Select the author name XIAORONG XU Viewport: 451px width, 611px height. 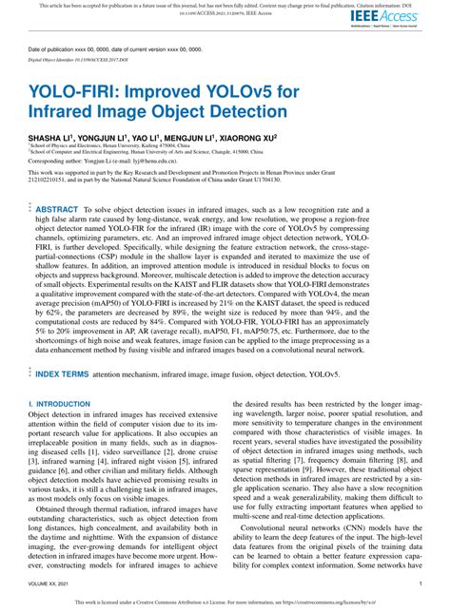coord(246,138)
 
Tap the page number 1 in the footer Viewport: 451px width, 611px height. coord(420,583)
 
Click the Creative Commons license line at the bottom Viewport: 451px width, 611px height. coord(225,601)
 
